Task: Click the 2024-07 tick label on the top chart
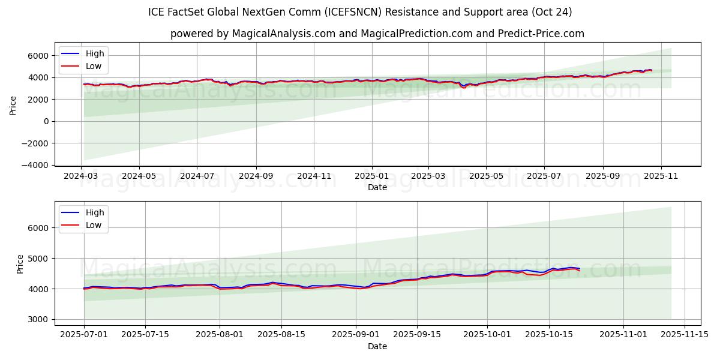[197, 176]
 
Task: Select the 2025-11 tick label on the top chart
[661, 176]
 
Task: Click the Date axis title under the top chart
[377, 187]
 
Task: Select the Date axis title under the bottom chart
[377, 346]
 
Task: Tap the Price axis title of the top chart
[13, 104]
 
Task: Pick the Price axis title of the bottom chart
[20, 264]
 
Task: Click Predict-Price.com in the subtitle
[541, 34]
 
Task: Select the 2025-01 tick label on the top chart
[371, 176]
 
